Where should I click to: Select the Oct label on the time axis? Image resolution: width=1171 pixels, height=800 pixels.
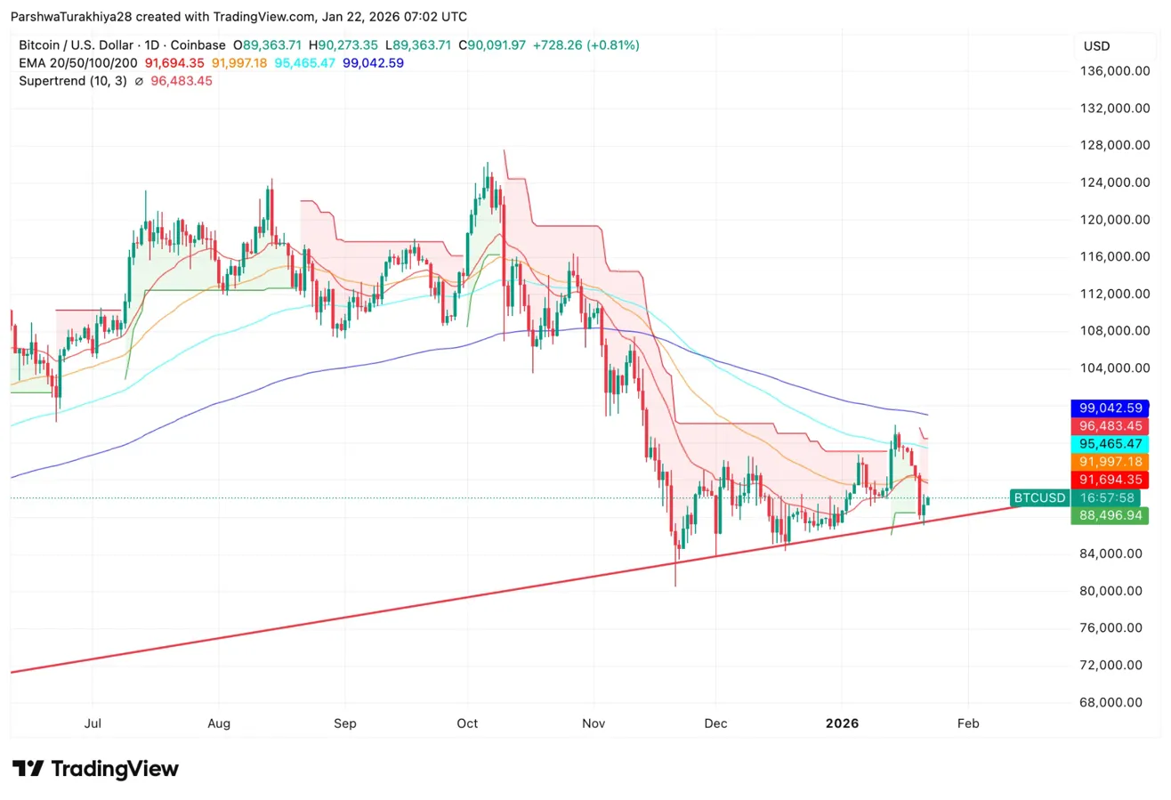467,723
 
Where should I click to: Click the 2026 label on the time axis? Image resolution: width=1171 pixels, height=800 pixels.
842,723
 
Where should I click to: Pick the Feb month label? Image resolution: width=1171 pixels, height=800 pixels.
968,723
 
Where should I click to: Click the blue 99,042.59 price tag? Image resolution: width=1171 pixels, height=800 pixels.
1110,408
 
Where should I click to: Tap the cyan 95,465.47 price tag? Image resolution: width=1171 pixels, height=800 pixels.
1110,443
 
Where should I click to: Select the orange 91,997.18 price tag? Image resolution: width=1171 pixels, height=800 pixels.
1110,462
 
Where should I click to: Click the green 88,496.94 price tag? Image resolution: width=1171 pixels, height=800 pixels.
1110,515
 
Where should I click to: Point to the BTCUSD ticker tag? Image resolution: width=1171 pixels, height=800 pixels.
1039,497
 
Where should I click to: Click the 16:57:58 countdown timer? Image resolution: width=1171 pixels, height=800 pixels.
1110,497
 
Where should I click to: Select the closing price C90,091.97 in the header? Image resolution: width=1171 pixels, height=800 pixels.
491,45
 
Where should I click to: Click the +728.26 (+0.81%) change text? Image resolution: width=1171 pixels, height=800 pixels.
585,45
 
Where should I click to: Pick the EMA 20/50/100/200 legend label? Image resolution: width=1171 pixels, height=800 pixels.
78,63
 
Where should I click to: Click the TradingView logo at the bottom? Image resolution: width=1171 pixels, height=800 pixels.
96,769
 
